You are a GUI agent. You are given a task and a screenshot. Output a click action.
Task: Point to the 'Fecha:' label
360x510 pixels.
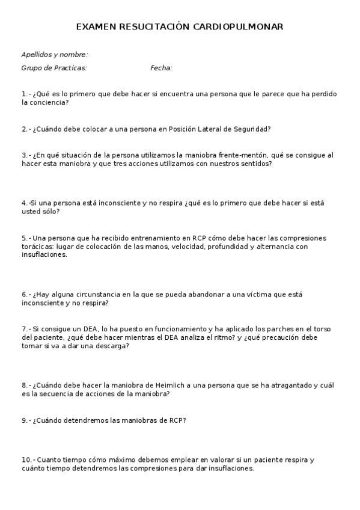(x=161, y=68)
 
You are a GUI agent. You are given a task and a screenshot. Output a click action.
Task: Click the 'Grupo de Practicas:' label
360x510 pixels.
(x=54, y=68)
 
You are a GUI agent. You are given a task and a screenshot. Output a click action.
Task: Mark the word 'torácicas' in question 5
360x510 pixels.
(x=37, y=247)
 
